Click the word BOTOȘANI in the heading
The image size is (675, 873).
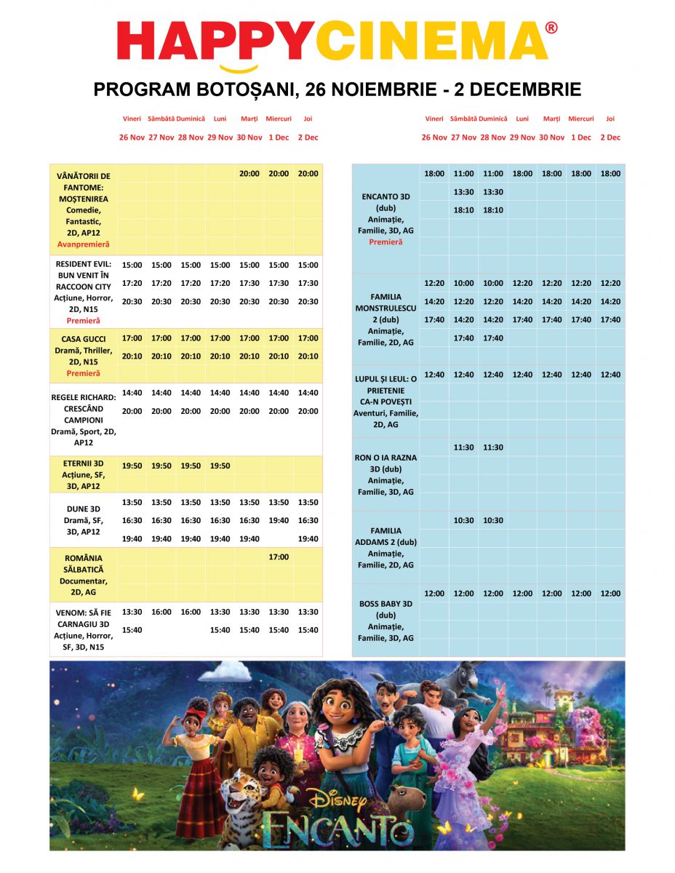click(x=243, y=89)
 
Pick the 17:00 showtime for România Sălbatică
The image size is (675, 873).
click(x=279, y=557)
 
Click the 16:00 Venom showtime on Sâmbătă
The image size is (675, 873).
click(x=161, y=612)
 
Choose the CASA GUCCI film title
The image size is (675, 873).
click(x=84, y=339)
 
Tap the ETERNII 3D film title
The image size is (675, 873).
click(x=83, y=463)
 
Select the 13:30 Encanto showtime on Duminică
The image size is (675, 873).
click(x=492, y=192)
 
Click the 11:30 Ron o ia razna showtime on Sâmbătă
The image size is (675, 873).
click(x=463, y=447)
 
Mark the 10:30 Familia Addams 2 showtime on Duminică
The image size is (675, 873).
click(x=492, y=520)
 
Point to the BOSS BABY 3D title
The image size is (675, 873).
click(x=386, y=604)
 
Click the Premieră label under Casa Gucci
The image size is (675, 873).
click(x=83, y=373)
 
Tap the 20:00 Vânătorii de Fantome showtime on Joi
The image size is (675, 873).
click(x=308, y=174)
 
